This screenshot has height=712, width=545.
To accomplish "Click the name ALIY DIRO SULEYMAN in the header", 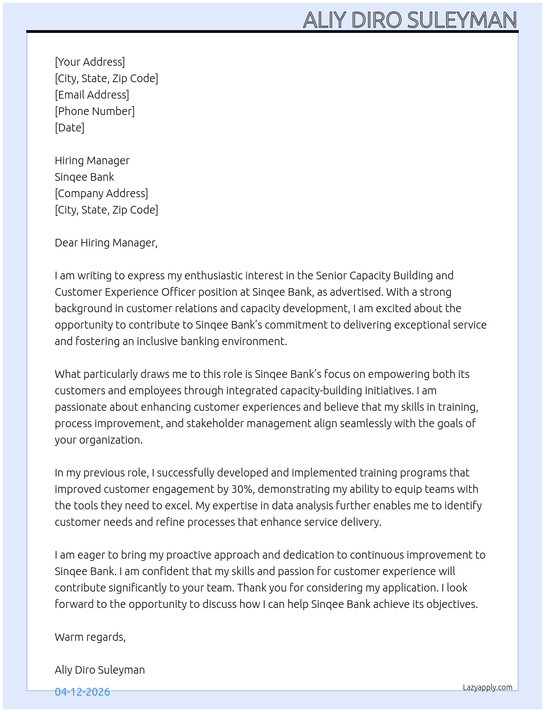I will tap(410, 20).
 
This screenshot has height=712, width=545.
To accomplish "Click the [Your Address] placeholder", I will tap(90, 62).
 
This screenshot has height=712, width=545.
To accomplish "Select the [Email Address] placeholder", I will tap(92, 95).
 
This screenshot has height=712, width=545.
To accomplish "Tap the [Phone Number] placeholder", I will tap(95, 111).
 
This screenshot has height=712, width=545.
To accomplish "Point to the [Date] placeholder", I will tap(69, 128).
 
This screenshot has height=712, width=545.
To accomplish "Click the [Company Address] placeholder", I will tap(101, 193).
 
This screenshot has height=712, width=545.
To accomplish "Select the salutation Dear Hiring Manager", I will tap(106, 243).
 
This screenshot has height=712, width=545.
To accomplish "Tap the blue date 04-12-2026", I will tap(82, 692).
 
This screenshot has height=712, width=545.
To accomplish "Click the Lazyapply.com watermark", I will tap(488, 687).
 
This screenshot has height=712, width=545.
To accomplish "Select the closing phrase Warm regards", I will tap(90, 637).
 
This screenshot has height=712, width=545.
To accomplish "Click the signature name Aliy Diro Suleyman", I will tap(100, 670).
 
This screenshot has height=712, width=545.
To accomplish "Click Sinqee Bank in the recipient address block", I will tap(84, 177).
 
